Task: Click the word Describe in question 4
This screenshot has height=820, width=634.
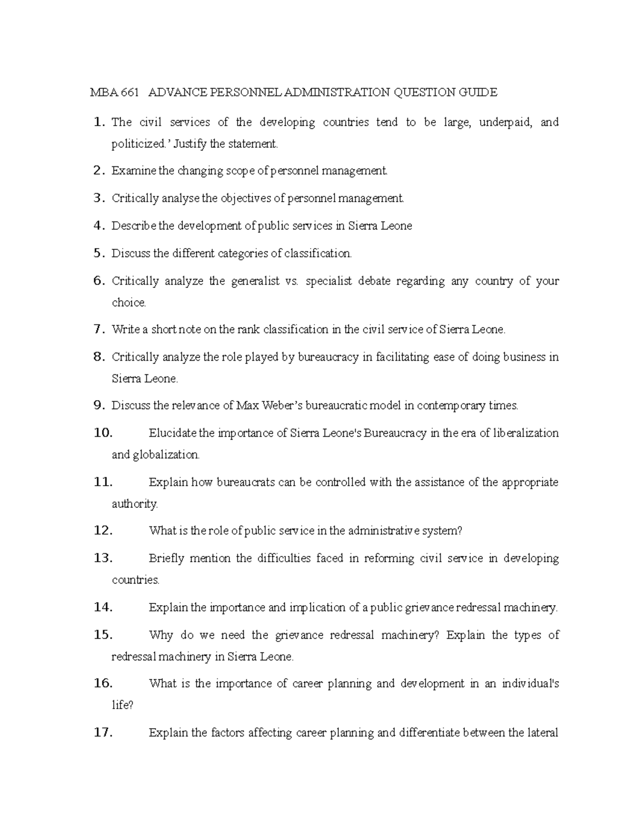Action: (x=134, y=226)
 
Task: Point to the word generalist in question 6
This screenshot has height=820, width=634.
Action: (x=255, y=281)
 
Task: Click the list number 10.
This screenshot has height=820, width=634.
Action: (x=102, y=433)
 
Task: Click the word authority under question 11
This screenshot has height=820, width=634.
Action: (x=134, y=504)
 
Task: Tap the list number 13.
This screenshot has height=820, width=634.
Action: (x=102, y=558)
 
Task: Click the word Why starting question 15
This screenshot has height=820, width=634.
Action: (x=161, y=635)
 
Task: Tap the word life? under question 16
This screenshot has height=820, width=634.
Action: (x=123, y=705)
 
